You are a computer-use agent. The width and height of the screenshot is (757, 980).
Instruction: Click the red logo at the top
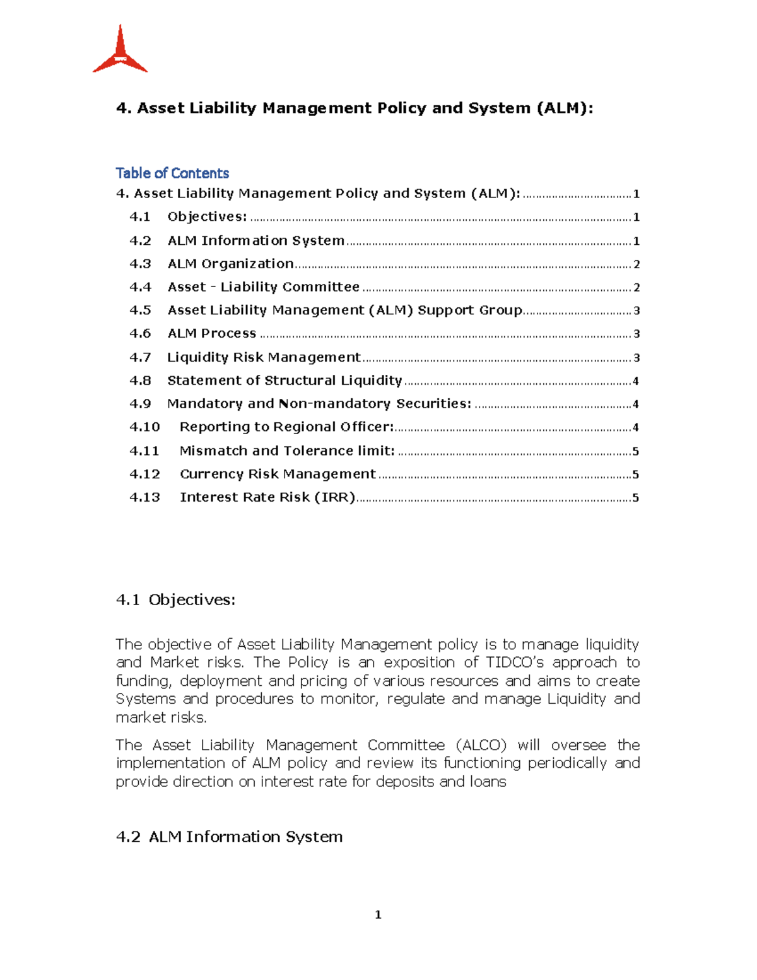pos(120,50)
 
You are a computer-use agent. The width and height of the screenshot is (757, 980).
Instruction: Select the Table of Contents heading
pos(172,173)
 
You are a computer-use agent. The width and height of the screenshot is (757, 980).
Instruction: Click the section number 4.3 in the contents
pos(140,264)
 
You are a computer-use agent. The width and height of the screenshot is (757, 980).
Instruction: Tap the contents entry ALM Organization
pos(230,264)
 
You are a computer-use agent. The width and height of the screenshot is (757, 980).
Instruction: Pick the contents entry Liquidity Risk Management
pos(264,357)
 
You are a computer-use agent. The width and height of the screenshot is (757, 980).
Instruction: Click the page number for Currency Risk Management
pos(635,474)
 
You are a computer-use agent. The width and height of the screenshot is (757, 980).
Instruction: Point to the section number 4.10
pos(144,427)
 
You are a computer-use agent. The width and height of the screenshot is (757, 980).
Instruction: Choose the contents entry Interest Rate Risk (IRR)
pos(267,497)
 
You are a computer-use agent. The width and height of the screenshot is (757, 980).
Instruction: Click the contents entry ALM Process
pos(212,334)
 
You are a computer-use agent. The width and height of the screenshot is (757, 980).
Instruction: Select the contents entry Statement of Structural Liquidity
pos(285,381)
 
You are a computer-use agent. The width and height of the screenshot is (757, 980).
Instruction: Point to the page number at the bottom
pos(378,914)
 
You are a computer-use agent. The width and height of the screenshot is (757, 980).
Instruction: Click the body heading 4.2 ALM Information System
pos(230,837)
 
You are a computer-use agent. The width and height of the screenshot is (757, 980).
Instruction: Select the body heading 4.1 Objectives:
pos(175,599)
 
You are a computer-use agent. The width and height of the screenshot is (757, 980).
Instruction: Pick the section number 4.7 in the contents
pos(140,357)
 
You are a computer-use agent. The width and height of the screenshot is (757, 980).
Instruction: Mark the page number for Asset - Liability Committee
pos(637,288)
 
